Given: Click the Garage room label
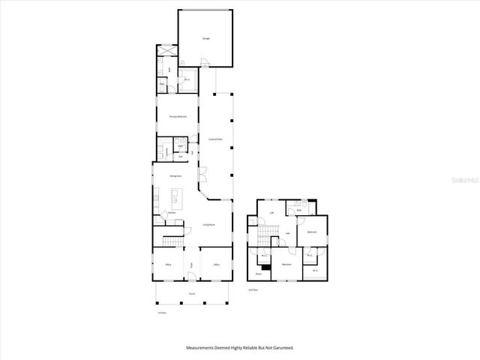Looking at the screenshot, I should [x=205, y=38].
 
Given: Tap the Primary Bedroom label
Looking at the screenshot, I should [x=177, y=116].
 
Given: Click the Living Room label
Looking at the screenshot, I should [x=209, y=224].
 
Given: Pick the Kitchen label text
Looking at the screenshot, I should [x=172, y=213].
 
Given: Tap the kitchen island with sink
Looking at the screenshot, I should [x=175, y=198].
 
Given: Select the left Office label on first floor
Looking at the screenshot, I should [x=168, y=265].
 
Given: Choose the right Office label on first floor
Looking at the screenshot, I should [x=216, y=265].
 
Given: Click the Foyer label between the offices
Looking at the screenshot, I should [x=192, y=265].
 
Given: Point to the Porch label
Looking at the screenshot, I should [x=192, y=295].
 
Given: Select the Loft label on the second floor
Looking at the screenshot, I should [x=271, y=213].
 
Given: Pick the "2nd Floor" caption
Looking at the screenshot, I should [x=253, y=289].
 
